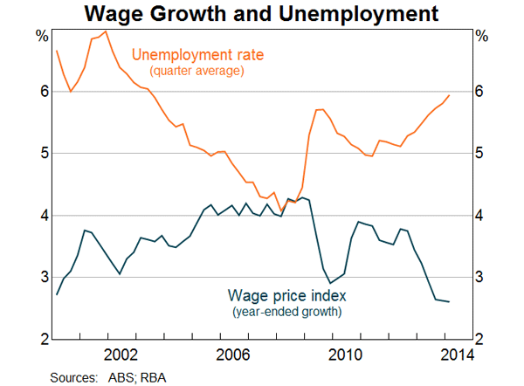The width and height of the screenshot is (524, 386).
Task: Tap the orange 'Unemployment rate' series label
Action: point(197,55)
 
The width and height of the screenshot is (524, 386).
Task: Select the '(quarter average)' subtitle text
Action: point(196,70)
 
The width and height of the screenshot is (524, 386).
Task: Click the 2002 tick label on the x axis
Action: point(121,355)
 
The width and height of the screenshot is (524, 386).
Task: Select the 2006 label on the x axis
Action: point(233,355)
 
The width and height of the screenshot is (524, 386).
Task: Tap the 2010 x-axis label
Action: point(346,355)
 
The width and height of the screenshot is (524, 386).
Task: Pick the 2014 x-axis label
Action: point(458,355)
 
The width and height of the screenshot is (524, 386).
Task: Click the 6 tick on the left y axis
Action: point(42,93)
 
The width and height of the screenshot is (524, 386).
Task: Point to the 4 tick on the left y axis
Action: point(42,216)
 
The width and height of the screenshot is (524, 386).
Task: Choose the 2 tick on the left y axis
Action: point(42,339)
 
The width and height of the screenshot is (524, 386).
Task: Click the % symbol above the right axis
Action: point(481,36)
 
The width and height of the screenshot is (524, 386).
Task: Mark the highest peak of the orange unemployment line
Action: point(106,31)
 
